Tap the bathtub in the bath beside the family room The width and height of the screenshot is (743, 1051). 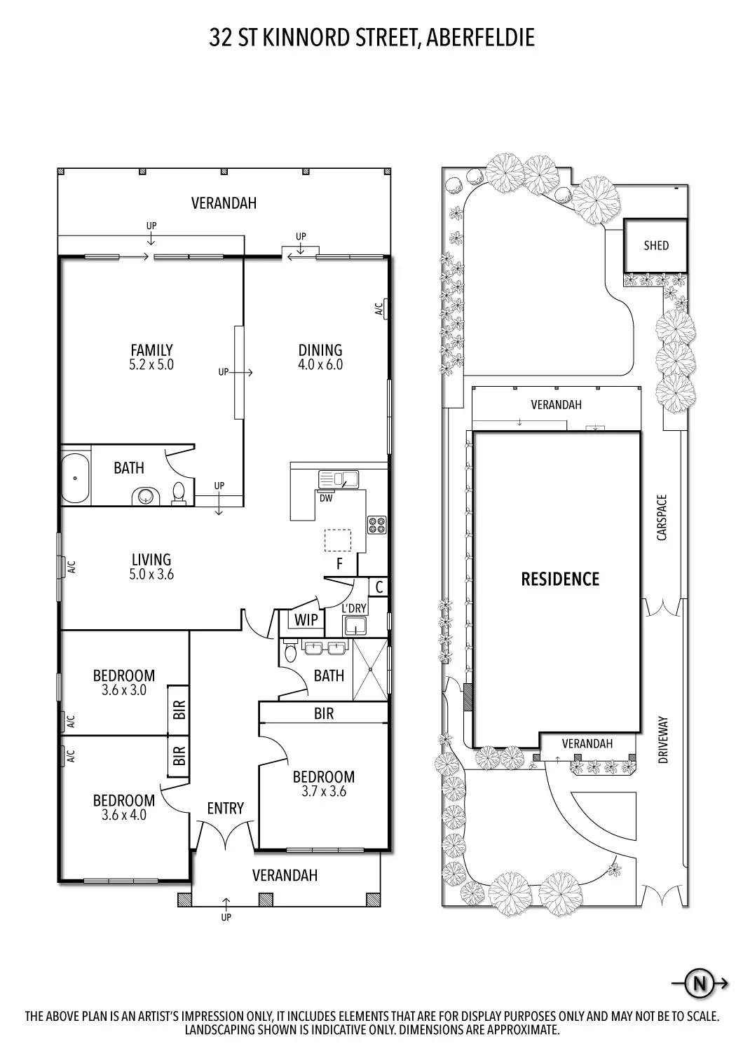click(75, 478)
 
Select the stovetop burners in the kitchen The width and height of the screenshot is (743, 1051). click(376, 525)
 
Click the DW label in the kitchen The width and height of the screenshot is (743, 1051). click(326, 498)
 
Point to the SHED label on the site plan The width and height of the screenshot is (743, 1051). click(655, 245)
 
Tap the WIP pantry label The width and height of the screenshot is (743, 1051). click(306, 620)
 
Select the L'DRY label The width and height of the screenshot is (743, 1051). click(354, 608)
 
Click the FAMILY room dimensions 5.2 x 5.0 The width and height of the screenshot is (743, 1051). click(151, 364)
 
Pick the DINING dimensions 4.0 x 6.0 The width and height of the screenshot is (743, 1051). click(320, 364)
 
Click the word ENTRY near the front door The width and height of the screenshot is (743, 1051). click(225, 809)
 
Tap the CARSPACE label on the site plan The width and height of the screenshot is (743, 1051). click(662, 518)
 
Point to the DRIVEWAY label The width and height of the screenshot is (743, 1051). click(662, 739)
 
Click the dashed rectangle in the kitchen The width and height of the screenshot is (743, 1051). click(338, 540)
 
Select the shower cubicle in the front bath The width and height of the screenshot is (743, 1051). click(370, 670)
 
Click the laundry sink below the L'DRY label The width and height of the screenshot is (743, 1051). click(355, 626)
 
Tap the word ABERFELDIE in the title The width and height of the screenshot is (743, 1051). click(481, 38)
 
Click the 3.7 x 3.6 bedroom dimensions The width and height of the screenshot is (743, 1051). click(324, 792)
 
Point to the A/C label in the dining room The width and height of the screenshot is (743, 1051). click(379, 309)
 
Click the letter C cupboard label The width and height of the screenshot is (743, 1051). click(379, 587)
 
